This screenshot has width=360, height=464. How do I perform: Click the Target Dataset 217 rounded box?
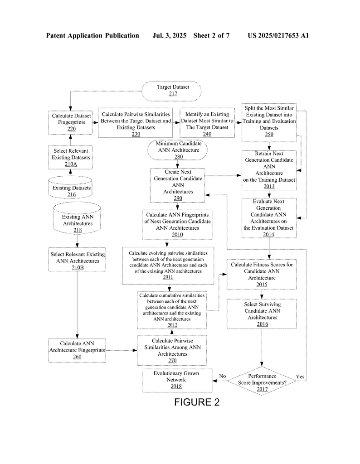(x=171, y=91)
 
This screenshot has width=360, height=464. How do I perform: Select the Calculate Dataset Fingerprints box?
(x=70, y=122)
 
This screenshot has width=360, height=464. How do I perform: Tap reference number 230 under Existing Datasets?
(x=136, y=134)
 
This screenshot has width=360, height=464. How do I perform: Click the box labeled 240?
(x=207, y=122)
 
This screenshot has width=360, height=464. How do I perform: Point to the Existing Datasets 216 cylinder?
(x=70, y=187)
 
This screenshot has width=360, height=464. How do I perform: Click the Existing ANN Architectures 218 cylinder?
(x=77, y=218)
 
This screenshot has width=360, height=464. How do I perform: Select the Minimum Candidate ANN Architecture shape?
(x=178, y=150)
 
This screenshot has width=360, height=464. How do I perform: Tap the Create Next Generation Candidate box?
(x=177, y=185)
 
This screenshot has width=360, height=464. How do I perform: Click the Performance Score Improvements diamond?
(x=262, y=381)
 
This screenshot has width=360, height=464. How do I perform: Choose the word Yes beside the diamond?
(x=300, y=377)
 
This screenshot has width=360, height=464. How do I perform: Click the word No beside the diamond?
(x=223, y=376)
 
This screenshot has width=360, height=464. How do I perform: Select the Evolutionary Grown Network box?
(x=177, y=381)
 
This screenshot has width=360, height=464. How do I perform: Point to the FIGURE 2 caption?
(x=197, y=402)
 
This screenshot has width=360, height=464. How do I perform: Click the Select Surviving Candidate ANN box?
(x=262, y=314)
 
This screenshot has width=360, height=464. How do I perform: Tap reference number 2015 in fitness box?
(x=262, y=285)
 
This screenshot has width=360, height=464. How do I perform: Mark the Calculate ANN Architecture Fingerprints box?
(x=77, y=350)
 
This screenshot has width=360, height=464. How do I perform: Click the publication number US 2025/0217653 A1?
(x=278, y=35)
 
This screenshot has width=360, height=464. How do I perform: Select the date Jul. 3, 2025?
(x=169, y=35)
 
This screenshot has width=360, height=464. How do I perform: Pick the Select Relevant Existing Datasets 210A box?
(x=70, y=157)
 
